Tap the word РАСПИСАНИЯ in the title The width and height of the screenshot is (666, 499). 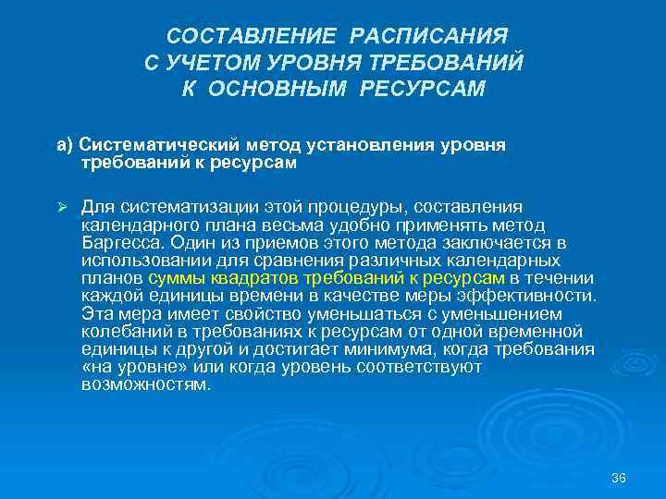point(428,36)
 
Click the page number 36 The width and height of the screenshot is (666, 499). point(619,478)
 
